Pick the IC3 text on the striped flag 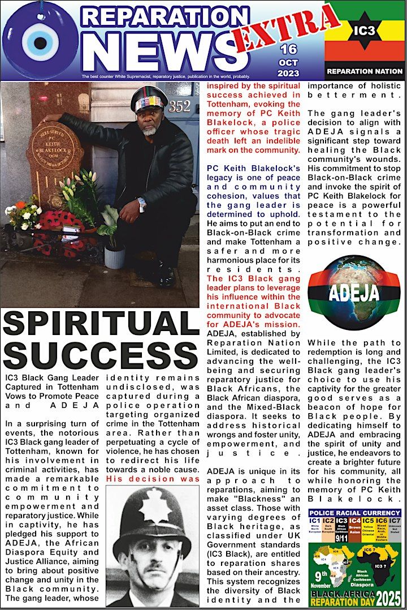(x=365, y=41)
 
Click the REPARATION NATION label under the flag (x=365, y=72)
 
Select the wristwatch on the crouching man (x=141, y=202)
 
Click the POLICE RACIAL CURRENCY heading (x=354, y=513)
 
